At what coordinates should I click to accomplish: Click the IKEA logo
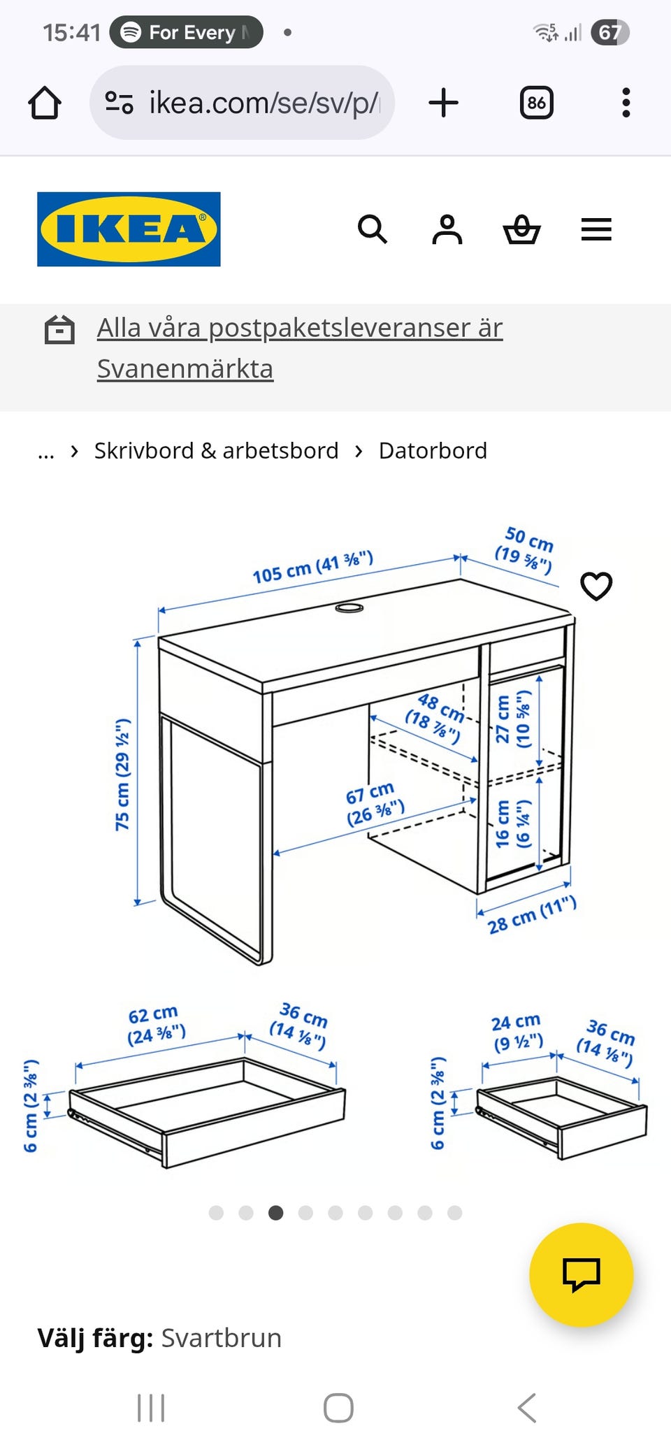tap(129, 229)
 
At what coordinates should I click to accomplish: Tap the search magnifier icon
tap(372, 229)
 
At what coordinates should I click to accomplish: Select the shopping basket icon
tap(521, 229)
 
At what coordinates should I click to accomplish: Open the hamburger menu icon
tap(596, 229)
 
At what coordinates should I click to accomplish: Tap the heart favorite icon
tap(596, 586)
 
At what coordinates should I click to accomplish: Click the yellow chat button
tap(581, 1274)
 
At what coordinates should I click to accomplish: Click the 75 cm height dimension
tap(123, 775)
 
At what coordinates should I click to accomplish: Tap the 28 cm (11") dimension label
tap(532, 914)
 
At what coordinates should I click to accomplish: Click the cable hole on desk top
tap(349, 608)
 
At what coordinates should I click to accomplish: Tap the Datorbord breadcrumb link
tap(433, 451)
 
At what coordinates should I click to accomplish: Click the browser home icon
tap(45, 103)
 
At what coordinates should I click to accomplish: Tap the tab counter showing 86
tap(536, 103)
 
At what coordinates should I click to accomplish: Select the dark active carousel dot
tap(276, 1213)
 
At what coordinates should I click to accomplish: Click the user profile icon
tap(447, 229)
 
